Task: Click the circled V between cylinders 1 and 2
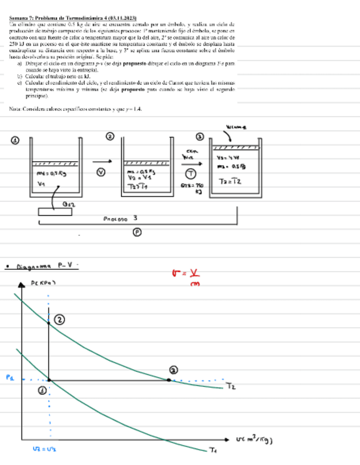[x=101, y=172]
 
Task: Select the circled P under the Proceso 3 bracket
[x=138, y=232]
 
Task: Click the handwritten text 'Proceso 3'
[x=120, y=218]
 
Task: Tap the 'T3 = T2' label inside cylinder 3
[x=230, y=182]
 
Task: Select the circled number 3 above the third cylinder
[x=200, y=137]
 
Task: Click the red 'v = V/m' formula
[x=191, y=276]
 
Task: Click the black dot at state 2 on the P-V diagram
[x=49, y=324]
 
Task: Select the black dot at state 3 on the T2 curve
[x=168, y=379]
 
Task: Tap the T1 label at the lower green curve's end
[x=213, y=451]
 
